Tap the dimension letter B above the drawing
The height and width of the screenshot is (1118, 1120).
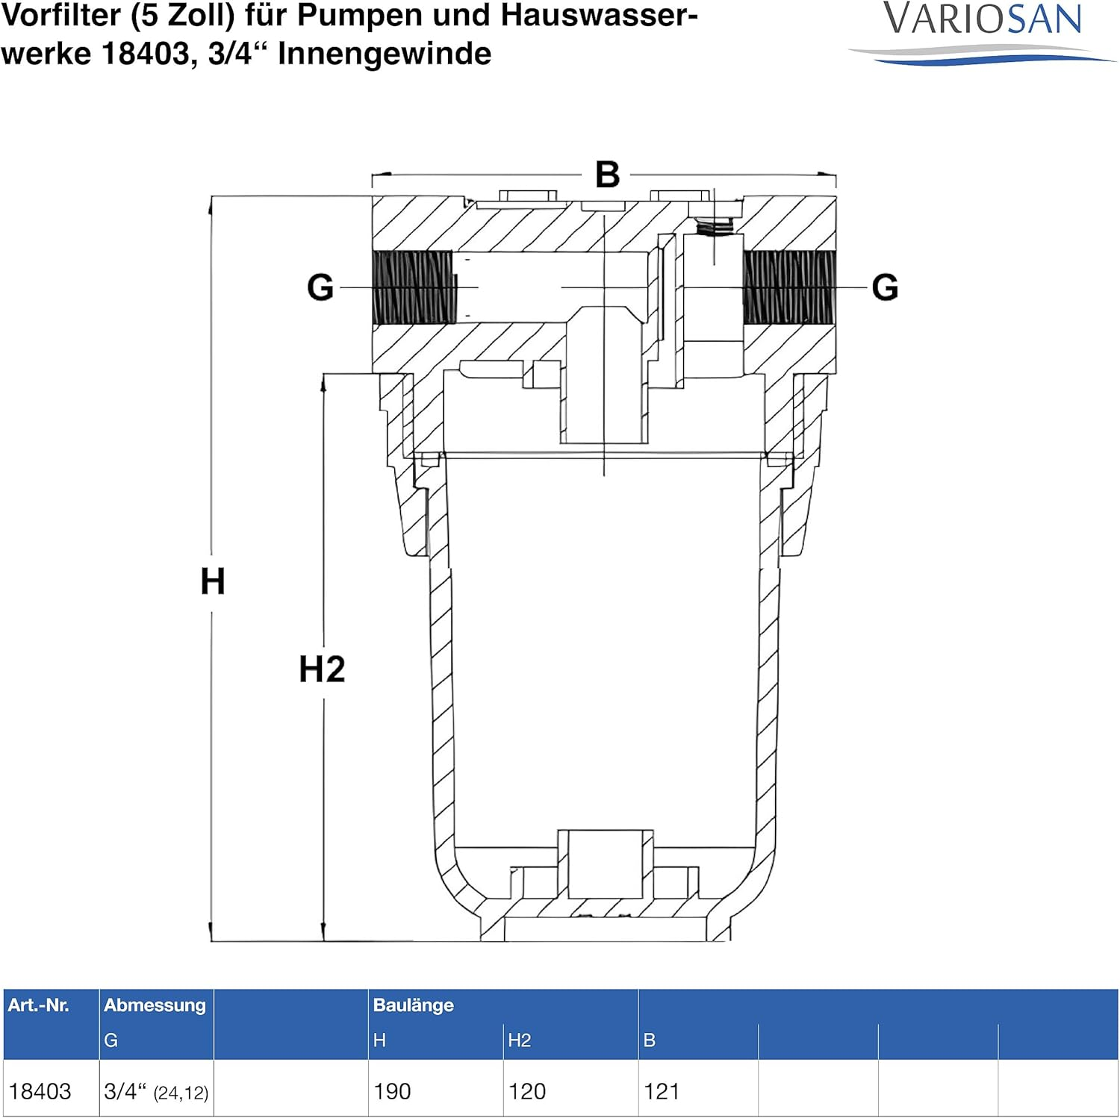pos(607,175)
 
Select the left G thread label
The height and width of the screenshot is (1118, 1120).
pos(320,287)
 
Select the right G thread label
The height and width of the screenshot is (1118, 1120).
pos(885,287)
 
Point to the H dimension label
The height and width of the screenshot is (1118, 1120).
pos(213,581)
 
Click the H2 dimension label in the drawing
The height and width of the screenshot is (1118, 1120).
pos(322,669)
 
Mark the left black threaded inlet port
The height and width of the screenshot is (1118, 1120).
pos(412,287)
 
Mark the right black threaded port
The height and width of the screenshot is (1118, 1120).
pos(789,287)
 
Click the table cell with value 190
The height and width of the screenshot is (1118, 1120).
pos(393,1091)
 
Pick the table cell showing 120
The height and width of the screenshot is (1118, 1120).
pos(527,1091)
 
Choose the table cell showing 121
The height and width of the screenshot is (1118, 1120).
pos(662,1091)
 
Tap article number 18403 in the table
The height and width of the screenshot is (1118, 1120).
pos(40,1091)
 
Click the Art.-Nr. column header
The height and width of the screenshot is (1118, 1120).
pos(38,1005)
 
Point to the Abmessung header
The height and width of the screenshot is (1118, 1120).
pos(155,1005)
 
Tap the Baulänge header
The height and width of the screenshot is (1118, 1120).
pos(414,1005)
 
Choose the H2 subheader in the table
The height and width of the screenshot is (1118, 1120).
pos(519,1040)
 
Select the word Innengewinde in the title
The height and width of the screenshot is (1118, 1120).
pos(385,54)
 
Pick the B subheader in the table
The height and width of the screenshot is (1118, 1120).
pos(650,1040)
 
